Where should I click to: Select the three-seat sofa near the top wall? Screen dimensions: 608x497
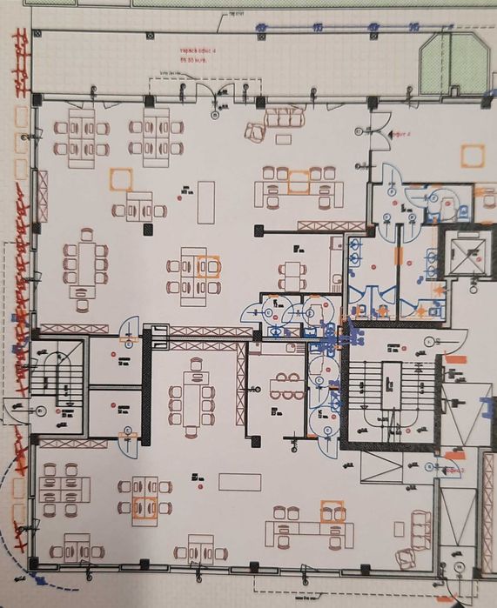tap(285, 117)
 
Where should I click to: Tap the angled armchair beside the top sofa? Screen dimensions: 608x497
tap(254, 131)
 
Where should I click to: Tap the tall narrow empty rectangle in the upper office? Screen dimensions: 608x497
tap(205, 201)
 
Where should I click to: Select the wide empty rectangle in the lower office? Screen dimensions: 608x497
tap(239, 481)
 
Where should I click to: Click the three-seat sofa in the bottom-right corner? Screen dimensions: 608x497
tap(421, 530)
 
